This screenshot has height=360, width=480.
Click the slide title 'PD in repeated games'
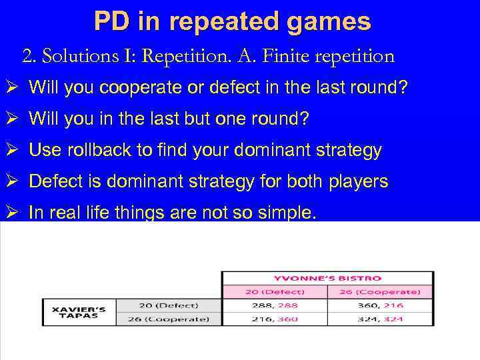232,21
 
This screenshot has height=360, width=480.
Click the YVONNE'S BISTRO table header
327,278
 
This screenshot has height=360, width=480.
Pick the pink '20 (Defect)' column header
274,291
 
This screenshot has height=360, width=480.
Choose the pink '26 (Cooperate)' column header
380,291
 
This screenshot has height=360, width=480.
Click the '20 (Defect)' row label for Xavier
169,305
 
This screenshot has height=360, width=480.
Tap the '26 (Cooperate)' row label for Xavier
169,319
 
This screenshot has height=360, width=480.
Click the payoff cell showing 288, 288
274,305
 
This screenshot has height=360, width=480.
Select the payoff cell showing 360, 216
380,305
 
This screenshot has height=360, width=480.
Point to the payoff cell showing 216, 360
274,319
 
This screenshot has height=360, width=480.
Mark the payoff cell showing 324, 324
380,319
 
